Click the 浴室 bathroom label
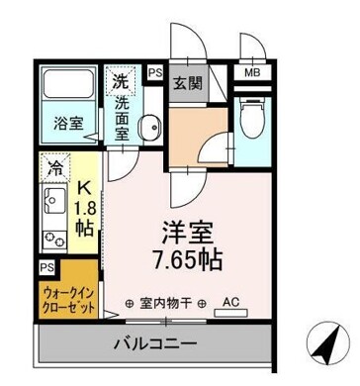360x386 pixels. click(68, 124)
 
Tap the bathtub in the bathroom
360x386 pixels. click(68, 84)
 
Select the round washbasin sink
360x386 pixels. click(150, 127)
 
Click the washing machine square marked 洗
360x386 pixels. click(120, 79)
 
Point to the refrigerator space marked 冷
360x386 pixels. click(55, 167)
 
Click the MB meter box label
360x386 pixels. click(252, 72)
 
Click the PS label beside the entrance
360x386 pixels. click(155, 72)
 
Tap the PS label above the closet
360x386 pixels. click(47, 267)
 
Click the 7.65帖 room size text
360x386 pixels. click(186, 259)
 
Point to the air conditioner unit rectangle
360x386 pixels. click(230, 314)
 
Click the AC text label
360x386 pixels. click(230, 302)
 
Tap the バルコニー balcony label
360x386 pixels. click(155, 344)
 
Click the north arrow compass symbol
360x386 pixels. click(327, 343)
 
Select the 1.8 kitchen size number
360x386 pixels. click(84, 209)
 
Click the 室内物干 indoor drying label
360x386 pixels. click(166, 303)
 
